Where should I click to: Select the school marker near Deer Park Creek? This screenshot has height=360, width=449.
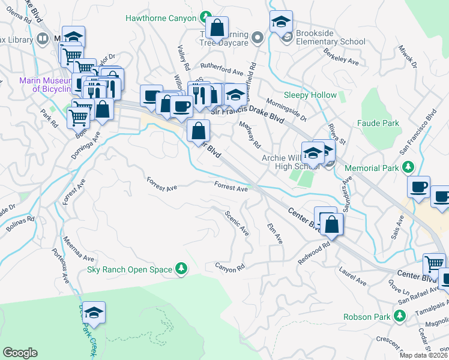[94, 313]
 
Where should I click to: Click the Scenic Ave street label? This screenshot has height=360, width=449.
[237, 222]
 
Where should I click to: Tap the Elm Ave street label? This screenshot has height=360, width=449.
[274, 233]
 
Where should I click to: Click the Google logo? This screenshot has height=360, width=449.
[20, 353]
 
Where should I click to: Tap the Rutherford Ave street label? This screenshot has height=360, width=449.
[221, 67]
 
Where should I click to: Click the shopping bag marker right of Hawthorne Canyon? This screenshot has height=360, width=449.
[217, 28]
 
